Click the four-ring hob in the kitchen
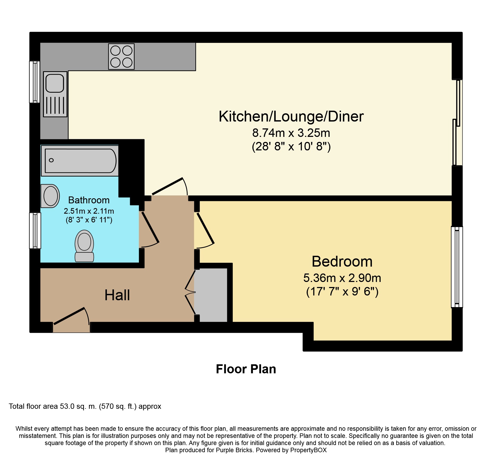pos(121,56)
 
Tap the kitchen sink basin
pos(55,83)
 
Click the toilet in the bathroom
pos(84,246)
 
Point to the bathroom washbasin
pos(50,196)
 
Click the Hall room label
pos(117,295)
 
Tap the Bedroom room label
pos(342,262)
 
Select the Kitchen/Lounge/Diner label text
pos(291,116)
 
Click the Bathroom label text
pos(89,200)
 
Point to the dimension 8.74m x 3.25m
pos(291,133)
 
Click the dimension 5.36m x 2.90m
pos(342,278)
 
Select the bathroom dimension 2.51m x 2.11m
pos(89,211)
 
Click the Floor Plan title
pos(246,369)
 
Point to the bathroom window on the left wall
pos(35,231)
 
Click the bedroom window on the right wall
pos(457,267)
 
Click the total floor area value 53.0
pos(67,406)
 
